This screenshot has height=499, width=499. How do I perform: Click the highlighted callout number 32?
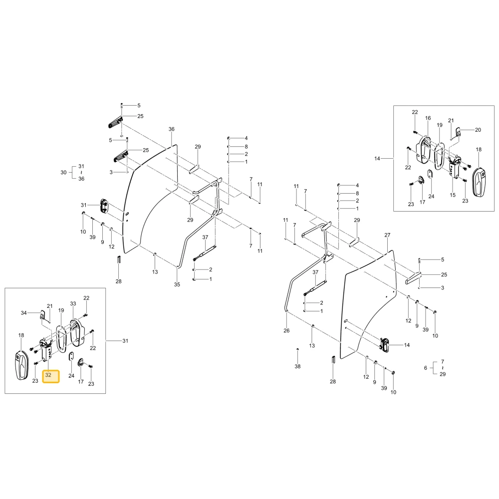click(x=48, y=375)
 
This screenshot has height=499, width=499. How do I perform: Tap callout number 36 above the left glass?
click(x=172, y=129)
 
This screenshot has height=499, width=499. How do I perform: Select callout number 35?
click(x=177, y=284)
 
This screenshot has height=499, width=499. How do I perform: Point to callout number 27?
click(x=387, y=235)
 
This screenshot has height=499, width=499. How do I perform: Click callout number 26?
click(x=286, y=331)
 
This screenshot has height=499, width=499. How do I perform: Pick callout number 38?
click(x=297, y=366)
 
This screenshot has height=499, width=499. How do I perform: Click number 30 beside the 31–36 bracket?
click(x=64, y=173)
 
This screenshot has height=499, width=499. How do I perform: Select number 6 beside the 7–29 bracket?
click(x=426, y=368)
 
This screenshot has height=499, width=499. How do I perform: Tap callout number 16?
click(x=428, y=118)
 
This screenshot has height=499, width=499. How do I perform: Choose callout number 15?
click(x=453, y=195)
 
